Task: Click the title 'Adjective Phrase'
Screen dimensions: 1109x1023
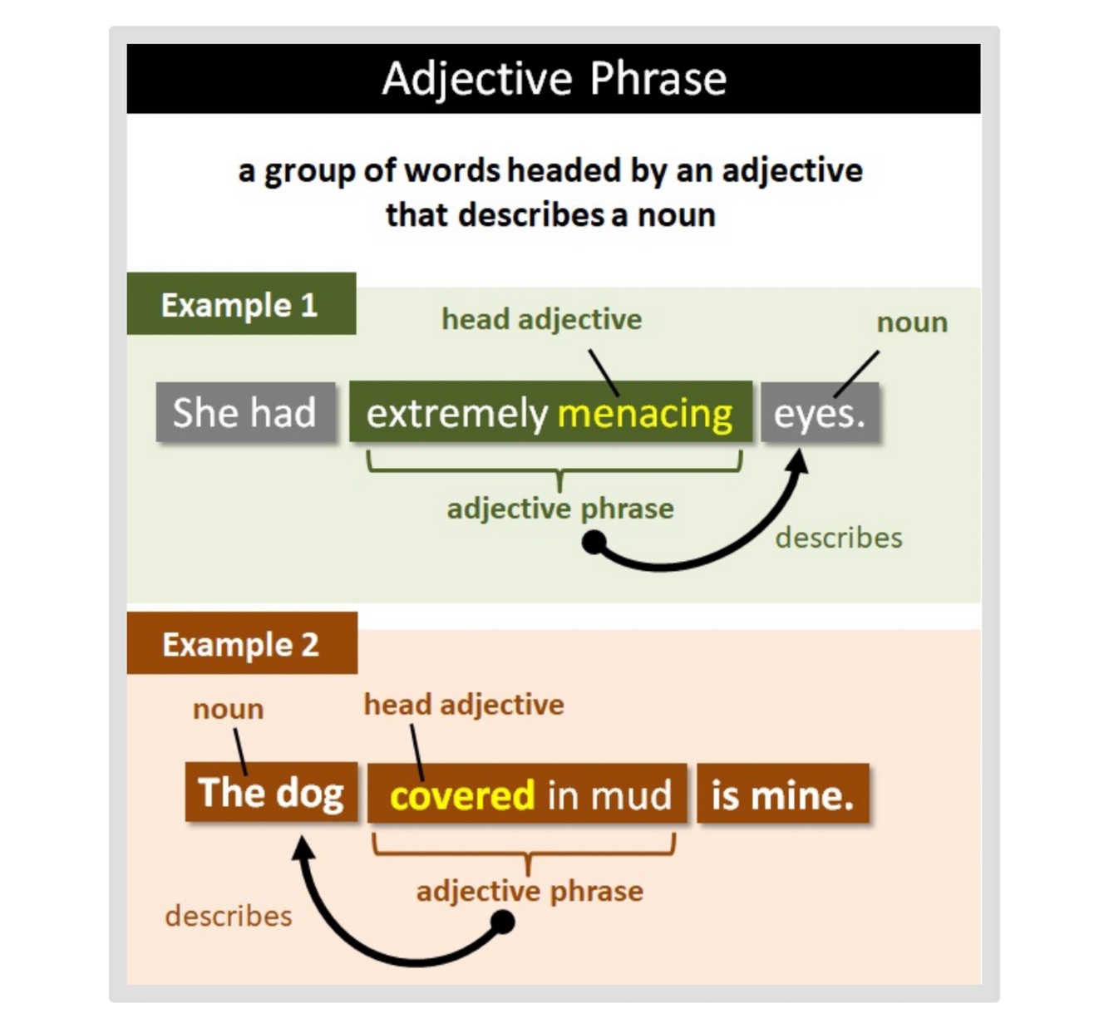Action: click(554, 79)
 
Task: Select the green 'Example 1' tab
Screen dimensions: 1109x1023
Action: click(240, 304)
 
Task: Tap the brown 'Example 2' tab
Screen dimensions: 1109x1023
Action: click(241, 644)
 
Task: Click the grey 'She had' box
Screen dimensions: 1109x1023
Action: click(245, 412)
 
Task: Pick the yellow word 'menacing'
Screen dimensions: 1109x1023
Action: click(645, 413)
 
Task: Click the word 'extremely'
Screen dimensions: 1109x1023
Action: click(456, 413)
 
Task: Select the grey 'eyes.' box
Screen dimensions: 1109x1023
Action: click(820, 413)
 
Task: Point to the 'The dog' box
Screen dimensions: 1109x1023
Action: click(271, 793)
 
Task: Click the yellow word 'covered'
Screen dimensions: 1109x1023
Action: click(462, 795)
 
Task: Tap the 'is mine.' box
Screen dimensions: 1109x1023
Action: click(782, 795)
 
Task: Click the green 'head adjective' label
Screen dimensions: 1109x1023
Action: click(541, 319)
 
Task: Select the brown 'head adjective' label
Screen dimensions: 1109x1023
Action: click(464, 705)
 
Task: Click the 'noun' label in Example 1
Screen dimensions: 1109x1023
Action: click(912, 322)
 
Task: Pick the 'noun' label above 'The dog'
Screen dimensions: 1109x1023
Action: click(228, 709)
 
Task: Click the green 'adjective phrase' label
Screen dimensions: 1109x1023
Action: click(560, 509)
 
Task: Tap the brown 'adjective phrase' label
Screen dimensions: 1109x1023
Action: click(530, 891)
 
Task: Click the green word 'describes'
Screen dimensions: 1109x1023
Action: click(838, 538)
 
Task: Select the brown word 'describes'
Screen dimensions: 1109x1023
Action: click(229, 916)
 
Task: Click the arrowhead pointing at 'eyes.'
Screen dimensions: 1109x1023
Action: click(799, 459)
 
